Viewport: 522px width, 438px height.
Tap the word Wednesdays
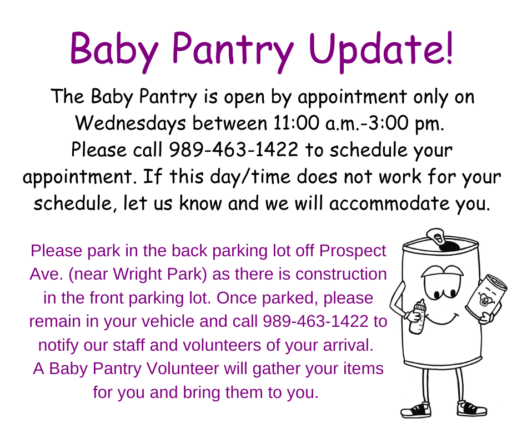(x=130, y=123)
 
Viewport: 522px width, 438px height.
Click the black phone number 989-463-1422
(x=233, y=150)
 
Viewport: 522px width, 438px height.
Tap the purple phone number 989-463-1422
(x=315, y=321)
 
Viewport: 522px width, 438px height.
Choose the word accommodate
(x=389, y=203)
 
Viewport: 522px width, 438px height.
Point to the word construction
(x=341, y=275)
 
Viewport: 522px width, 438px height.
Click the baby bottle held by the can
(x=418, y=317)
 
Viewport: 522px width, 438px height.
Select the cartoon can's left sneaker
(x=415, y=410)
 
